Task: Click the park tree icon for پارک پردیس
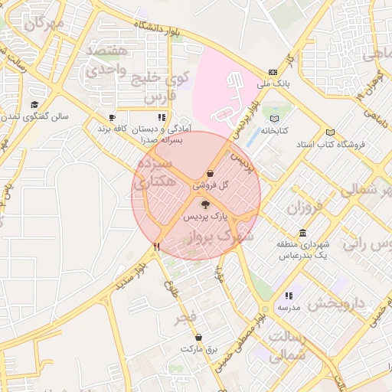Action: [x=204, y=204]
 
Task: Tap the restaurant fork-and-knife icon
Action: [x=157, y=247]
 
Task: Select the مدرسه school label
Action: [x=288, y=307]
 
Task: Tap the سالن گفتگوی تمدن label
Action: [x=34, y=117]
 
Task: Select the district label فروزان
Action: [x=305, y=207]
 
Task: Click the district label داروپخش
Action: [x=338, y=304]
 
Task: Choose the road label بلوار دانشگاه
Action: [x=156, y=30]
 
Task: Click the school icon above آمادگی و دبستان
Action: [x=161, y=118]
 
